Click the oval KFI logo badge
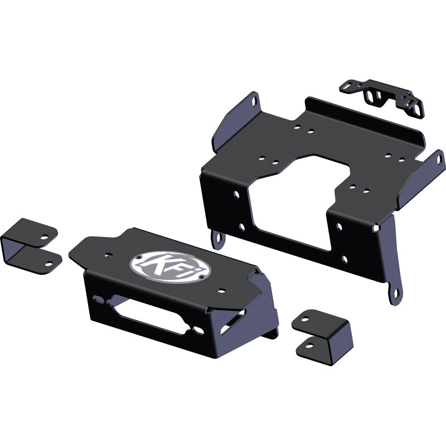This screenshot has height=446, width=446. tap(171, 268)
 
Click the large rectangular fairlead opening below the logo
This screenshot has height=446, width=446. tap(150, 316)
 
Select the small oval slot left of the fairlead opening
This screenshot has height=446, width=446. tap(99, 299)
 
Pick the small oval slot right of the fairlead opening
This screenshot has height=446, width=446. tap(198, 331)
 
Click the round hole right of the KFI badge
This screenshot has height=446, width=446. tap(221, 290)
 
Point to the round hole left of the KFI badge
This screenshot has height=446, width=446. tap(108, 255)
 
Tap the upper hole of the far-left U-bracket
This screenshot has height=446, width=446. tap(44, 237)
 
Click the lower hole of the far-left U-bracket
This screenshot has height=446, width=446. tap(49, 264)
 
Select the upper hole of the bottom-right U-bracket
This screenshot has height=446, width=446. tap(305, 319)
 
